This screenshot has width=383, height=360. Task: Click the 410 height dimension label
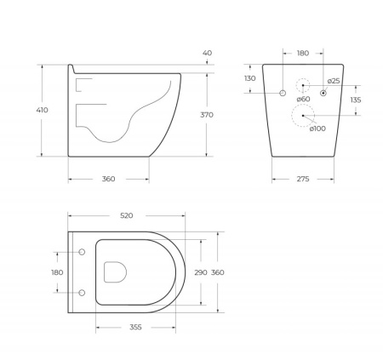pyautogui.click(x=42, y=110)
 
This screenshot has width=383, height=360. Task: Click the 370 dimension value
pyautogui.click(x=207, y=115)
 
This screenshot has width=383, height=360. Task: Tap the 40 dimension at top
pyautogui.click(x=207, y=53)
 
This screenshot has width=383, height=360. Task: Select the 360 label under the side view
pyautogui.click(x=109, y=179)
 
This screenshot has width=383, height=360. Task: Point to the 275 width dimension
pyautogui.click(x=303, y=179)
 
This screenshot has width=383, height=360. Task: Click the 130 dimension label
pyautogui.click(x=250, y=78)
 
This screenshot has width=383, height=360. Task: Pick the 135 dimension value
pyautogui.click(x=356, y=100)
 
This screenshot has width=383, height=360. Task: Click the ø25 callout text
pyautogui.click(x=334, y=81)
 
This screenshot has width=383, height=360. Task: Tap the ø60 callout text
pyautogui.click(x=303, y=99)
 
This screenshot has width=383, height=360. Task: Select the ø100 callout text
pyautogui.click(x=317, y=129)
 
